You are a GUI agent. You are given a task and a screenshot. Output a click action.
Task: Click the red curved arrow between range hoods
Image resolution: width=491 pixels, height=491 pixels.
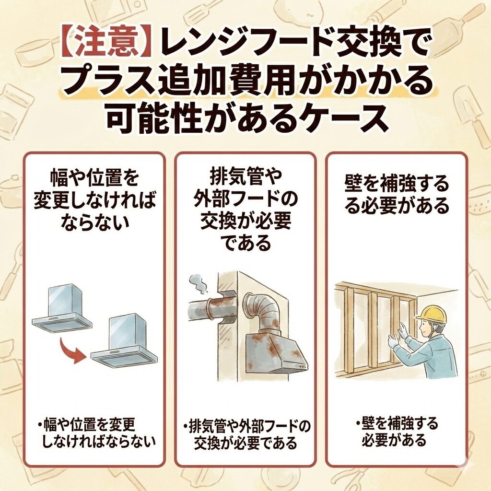click(70, 350)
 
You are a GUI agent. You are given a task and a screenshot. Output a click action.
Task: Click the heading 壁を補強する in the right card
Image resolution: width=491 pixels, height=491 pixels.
click(397, 185)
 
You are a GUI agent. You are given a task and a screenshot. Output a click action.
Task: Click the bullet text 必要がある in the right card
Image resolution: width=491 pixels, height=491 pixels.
click(394, 440)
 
